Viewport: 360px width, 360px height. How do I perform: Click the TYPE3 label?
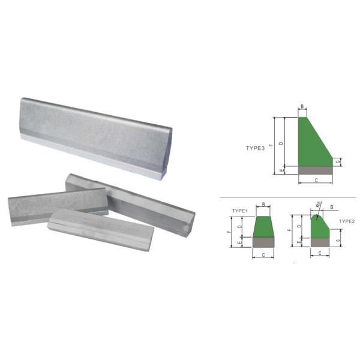point(255,148)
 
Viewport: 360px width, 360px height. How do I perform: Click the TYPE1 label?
point(241,211)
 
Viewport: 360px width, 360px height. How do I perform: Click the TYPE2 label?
point(347,221)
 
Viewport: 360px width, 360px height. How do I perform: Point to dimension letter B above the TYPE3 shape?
point(302,107)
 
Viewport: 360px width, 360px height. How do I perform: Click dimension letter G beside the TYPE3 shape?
point(339,162)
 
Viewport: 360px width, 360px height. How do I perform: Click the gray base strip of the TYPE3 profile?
point(316,170)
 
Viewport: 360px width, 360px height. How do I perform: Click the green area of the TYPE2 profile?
point(319,228)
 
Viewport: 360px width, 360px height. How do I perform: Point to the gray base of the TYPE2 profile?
point(320,241)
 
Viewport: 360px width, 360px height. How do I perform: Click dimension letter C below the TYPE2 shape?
point(320,253)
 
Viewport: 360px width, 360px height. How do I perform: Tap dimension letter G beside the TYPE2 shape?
point(339,241)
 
